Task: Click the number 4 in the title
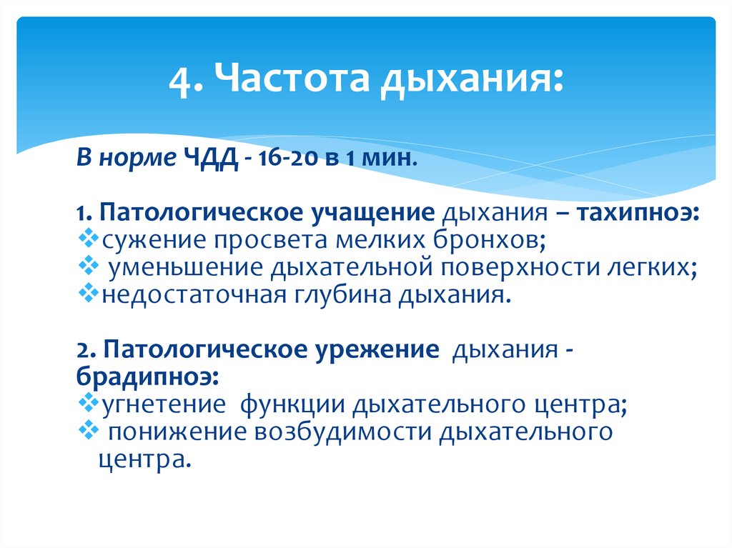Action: point(179,82)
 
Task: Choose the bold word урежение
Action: point(377,349)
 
